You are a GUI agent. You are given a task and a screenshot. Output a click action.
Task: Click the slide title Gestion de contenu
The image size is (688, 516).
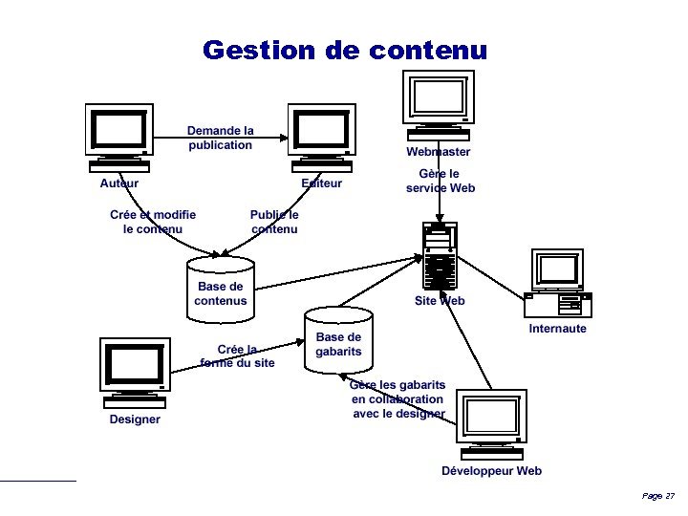click(x=344, y=50)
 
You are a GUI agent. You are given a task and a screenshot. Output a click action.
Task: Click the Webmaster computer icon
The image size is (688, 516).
click(x=439, y=103)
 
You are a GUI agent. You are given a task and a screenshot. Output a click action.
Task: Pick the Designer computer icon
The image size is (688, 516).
click(x=135, y=371)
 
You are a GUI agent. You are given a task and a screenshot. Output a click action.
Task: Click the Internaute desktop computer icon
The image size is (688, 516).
click(x=558, y=283)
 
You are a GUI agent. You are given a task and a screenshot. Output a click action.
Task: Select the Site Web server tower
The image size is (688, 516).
click(x=440, y=256)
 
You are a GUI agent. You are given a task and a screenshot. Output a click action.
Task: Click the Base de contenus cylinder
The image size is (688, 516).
click(x=221, y=288)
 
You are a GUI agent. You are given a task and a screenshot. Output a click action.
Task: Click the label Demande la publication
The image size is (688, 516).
click(x=221, y=138)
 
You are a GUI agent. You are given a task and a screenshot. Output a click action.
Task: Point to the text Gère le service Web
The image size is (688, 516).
click(x=440, y=181)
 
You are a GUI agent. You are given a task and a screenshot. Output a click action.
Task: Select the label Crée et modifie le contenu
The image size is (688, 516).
click(x=153, y=222)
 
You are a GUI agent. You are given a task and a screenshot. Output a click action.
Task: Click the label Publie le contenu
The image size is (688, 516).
click(x=274, y=222)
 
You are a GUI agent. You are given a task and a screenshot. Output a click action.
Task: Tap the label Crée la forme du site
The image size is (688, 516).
click(x=238, y=356)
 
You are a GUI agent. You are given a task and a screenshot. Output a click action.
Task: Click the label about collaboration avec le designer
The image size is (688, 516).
click(x=398, y=399)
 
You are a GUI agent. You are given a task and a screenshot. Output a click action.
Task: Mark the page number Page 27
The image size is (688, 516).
click(x=658, y=496)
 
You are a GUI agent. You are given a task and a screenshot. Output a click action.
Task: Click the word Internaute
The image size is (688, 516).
click(x=558, y=329)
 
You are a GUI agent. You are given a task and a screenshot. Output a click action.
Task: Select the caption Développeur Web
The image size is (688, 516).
click(x=491, y=470)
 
